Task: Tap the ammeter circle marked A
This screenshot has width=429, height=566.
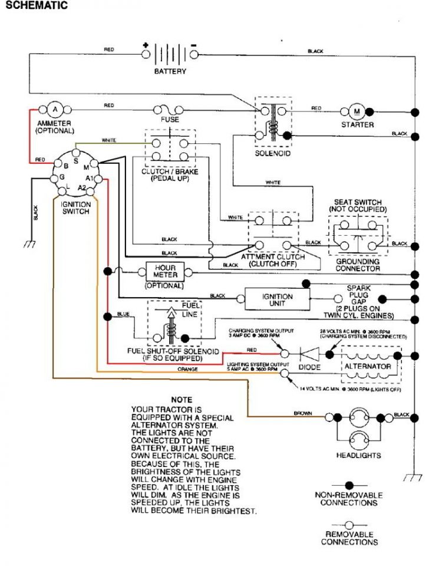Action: coord(55,109)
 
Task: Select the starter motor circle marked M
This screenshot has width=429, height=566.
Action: coord(355,110)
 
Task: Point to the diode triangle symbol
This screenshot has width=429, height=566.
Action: coord(309,353)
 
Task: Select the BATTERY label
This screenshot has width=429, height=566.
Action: coord(170,71)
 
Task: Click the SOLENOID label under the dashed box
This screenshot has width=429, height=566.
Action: coord(272,153)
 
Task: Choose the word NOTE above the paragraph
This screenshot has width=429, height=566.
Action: coord(181,400)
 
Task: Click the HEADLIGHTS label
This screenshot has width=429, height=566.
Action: coord(358,455)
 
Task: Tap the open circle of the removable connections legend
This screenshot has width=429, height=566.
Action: coord(349,524)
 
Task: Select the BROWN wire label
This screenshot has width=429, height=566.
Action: coord(302,413)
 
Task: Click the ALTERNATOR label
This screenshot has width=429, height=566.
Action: coord(368,366)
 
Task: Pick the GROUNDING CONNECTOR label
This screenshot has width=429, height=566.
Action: coord(358,265)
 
